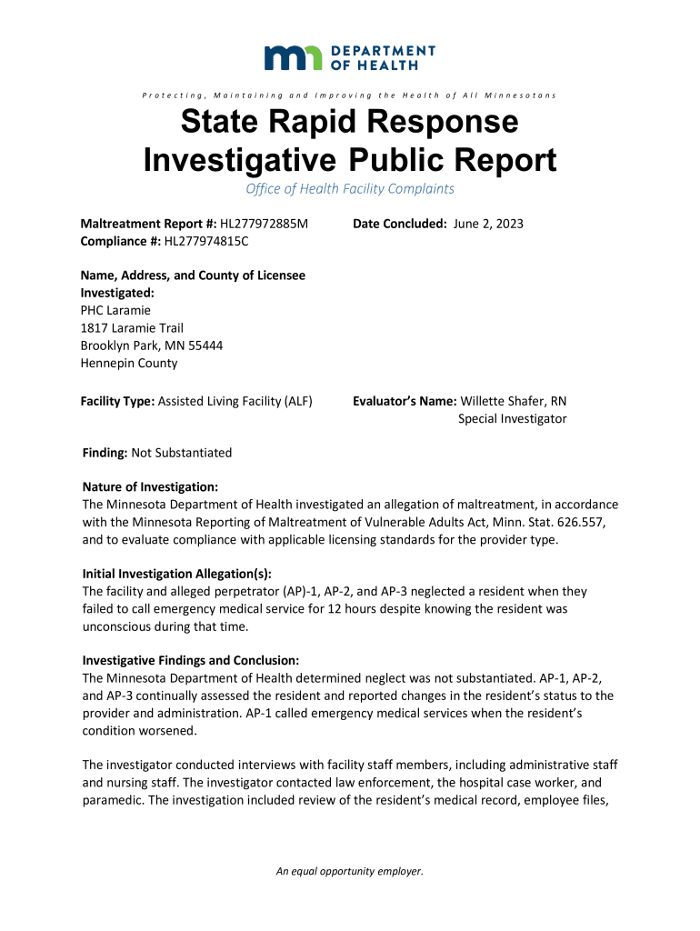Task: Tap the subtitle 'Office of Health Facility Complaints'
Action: click(350, 189)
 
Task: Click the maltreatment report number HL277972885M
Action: click(264, 224)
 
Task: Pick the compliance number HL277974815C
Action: click(205, 241)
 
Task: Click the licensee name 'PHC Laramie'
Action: click(115, 311)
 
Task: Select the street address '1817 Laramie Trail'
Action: click(133, 328)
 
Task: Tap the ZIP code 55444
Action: click(205, 345)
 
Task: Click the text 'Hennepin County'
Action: click(129, 363)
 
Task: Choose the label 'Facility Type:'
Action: click(117, 401)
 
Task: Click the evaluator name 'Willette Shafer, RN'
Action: click(514, 401)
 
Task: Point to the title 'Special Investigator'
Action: click(512, 418)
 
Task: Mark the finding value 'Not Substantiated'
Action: click(182, 453)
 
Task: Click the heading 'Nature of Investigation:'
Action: click(150, 487)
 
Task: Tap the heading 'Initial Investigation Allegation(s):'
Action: click(177, 574)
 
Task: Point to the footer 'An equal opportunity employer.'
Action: click(350, 872)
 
